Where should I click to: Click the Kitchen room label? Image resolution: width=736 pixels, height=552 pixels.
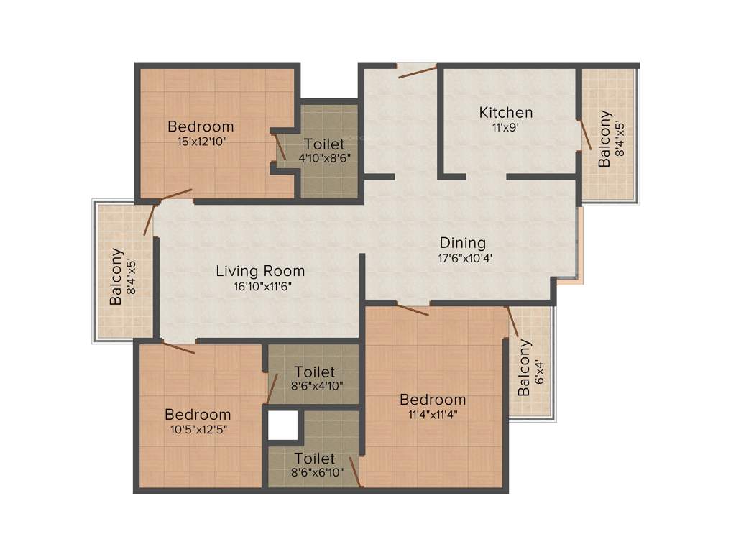point(506,112)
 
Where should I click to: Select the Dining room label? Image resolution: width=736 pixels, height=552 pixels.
point(463,243)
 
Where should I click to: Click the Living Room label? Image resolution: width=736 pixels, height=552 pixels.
point(260,271)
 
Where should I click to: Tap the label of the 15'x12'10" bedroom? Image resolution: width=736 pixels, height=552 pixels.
point(201,127)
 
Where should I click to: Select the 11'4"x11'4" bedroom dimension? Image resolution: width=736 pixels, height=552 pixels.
point(433,414)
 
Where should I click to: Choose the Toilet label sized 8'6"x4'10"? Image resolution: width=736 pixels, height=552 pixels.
point(315,372)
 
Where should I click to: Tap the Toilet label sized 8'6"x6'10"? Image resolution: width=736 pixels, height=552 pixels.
point(315,458)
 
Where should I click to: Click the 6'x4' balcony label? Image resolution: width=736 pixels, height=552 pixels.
point(525,368)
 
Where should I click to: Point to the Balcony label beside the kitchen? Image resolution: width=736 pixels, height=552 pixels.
point(605,138)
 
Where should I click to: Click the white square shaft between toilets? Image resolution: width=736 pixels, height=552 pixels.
point(283,424)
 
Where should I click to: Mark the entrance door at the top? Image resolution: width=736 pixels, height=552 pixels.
point(418,70)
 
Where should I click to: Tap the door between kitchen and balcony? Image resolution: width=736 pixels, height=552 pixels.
point(585,136)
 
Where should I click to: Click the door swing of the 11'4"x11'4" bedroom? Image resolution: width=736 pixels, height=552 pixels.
point(413,310)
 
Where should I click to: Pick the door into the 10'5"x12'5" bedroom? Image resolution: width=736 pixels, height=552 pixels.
point(178,349)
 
